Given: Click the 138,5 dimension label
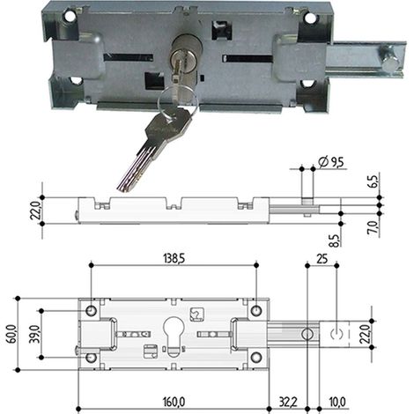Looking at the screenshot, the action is [174, 259].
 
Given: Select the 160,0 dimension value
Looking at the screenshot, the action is [174, 402].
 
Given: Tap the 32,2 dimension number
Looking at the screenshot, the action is [288, 402].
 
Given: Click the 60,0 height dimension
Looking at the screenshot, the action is [11, 334].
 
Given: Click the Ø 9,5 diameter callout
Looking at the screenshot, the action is [331, 162].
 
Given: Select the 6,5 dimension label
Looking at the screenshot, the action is [376, 182].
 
